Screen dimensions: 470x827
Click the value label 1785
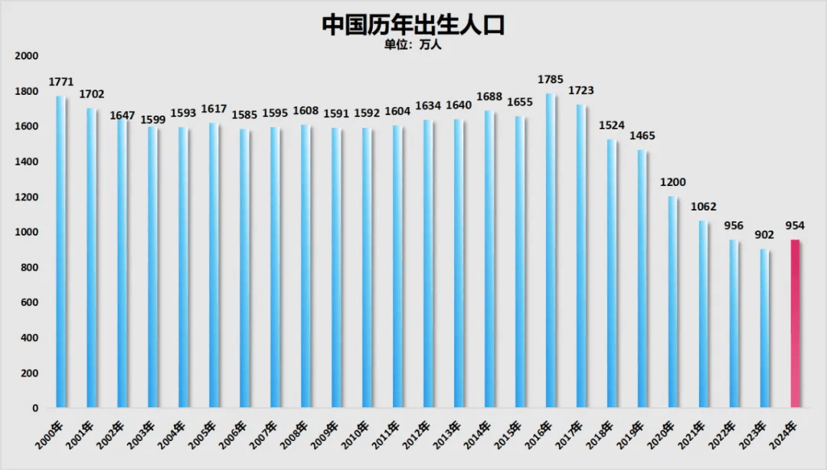click(x=551, y=79)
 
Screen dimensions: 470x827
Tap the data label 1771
click(x=60, y=81)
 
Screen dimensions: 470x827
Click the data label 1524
click(x=612, y=125)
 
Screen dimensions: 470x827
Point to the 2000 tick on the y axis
click(x=26, y=56)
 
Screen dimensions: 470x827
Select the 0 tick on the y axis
click(x=34, y=409)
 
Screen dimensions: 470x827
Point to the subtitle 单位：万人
click(x=413, y=44)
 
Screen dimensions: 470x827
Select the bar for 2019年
click(x=642, y=279)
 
